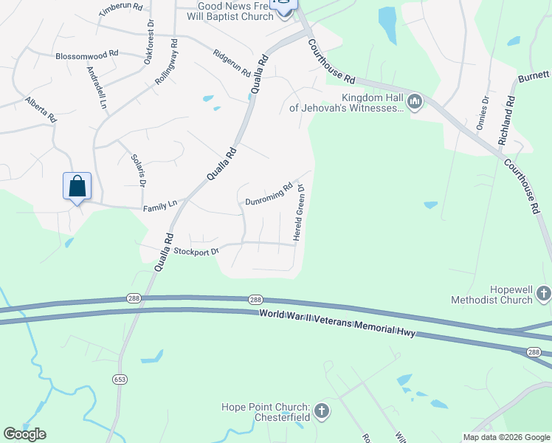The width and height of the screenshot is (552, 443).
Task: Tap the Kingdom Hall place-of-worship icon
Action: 414,101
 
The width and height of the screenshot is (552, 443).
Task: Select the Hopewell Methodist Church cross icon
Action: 543,294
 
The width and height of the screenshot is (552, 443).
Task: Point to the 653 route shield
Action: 120,379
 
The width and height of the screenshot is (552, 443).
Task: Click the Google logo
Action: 24,434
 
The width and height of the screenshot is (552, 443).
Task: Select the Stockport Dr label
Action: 197,251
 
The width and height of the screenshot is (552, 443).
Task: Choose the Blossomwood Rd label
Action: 86,55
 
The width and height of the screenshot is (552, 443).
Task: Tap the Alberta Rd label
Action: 41,109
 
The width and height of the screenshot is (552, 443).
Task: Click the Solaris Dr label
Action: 139,169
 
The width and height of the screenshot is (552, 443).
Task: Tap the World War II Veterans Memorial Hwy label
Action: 337,324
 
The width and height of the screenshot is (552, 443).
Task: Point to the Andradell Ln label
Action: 97,89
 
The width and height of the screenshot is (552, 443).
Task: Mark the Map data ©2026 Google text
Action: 506,437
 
